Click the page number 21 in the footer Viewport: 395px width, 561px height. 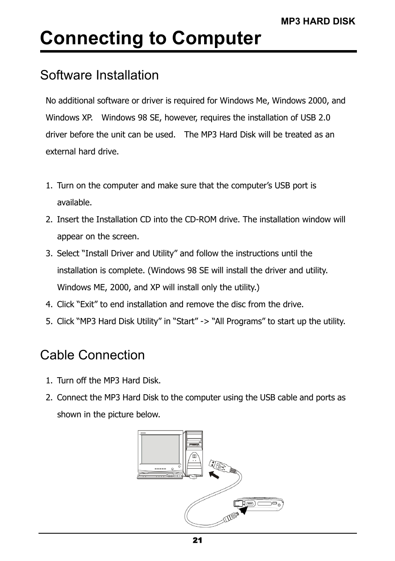(197, 540)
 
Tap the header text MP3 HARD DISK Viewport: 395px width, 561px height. (318, 22)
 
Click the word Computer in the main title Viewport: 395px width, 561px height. (217, 38)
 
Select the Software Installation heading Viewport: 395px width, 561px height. (99, 75)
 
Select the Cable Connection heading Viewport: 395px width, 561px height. (92, 355)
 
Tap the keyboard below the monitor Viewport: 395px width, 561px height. (159, 476)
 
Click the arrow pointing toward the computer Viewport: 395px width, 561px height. (213, 475)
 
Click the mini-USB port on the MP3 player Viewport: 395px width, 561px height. (250, 504)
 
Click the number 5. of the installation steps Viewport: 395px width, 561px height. (49, 321)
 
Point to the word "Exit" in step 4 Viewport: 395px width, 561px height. (87, 304)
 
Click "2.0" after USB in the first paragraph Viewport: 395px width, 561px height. (324, 118)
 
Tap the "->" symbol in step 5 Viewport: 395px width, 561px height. (204, 321)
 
